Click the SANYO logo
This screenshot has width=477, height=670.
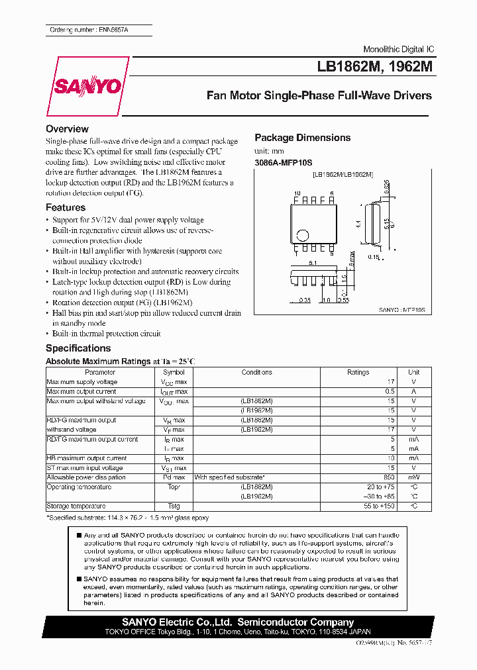tap(87, 87)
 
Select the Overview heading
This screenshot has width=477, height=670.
tap(67, 129)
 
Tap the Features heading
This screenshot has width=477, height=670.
tap(66, 207)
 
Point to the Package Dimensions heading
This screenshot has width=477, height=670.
tap(302, 138)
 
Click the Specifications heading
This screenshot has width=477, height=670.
tap(78, 348)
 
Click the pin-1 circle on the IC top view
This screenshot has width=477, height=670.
tap(303, 234)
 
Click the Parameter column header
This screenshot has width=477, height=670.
tap(100, 373)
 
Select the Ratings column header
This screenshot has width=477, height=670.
tap(358, 373)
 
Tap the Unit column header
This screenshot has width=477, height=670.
tap(413, 373)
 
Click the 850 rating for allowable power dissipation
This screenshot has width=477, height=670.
tap(389, 477)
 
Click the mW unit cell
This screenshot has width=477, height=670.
tap(413, 477)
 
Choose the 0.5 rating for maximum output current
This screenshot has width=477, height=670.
tap(390, 392)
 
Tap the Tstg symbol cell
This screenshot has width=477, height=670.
tap(175, 506)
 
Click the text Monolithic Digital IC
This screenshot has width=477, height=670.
tap(399, 50)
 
